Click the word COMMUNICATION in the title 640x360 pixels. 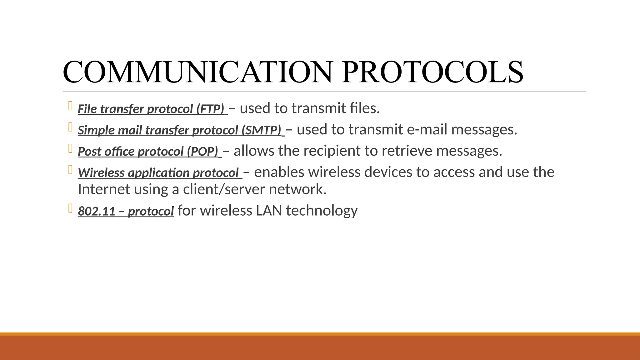point(197,72)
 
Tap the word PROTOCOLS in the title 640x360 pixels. point(432,72)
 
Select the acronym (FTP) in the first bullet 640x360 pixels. point(210,109)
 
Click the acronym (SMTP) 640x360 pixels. point(261,130)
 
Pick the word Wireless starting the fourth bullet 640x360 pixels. point(101,173)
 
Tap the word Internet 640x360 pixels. point(104,189)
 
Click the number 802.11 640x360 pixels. point(97,211)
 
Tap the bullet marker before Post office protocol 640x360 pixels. point(70,148)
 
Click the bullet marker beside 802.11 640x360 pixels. point(70,208)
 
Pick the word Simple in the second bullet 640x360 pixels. point(96,130)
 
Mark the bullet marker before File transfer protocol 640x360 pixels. point(70,106)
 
